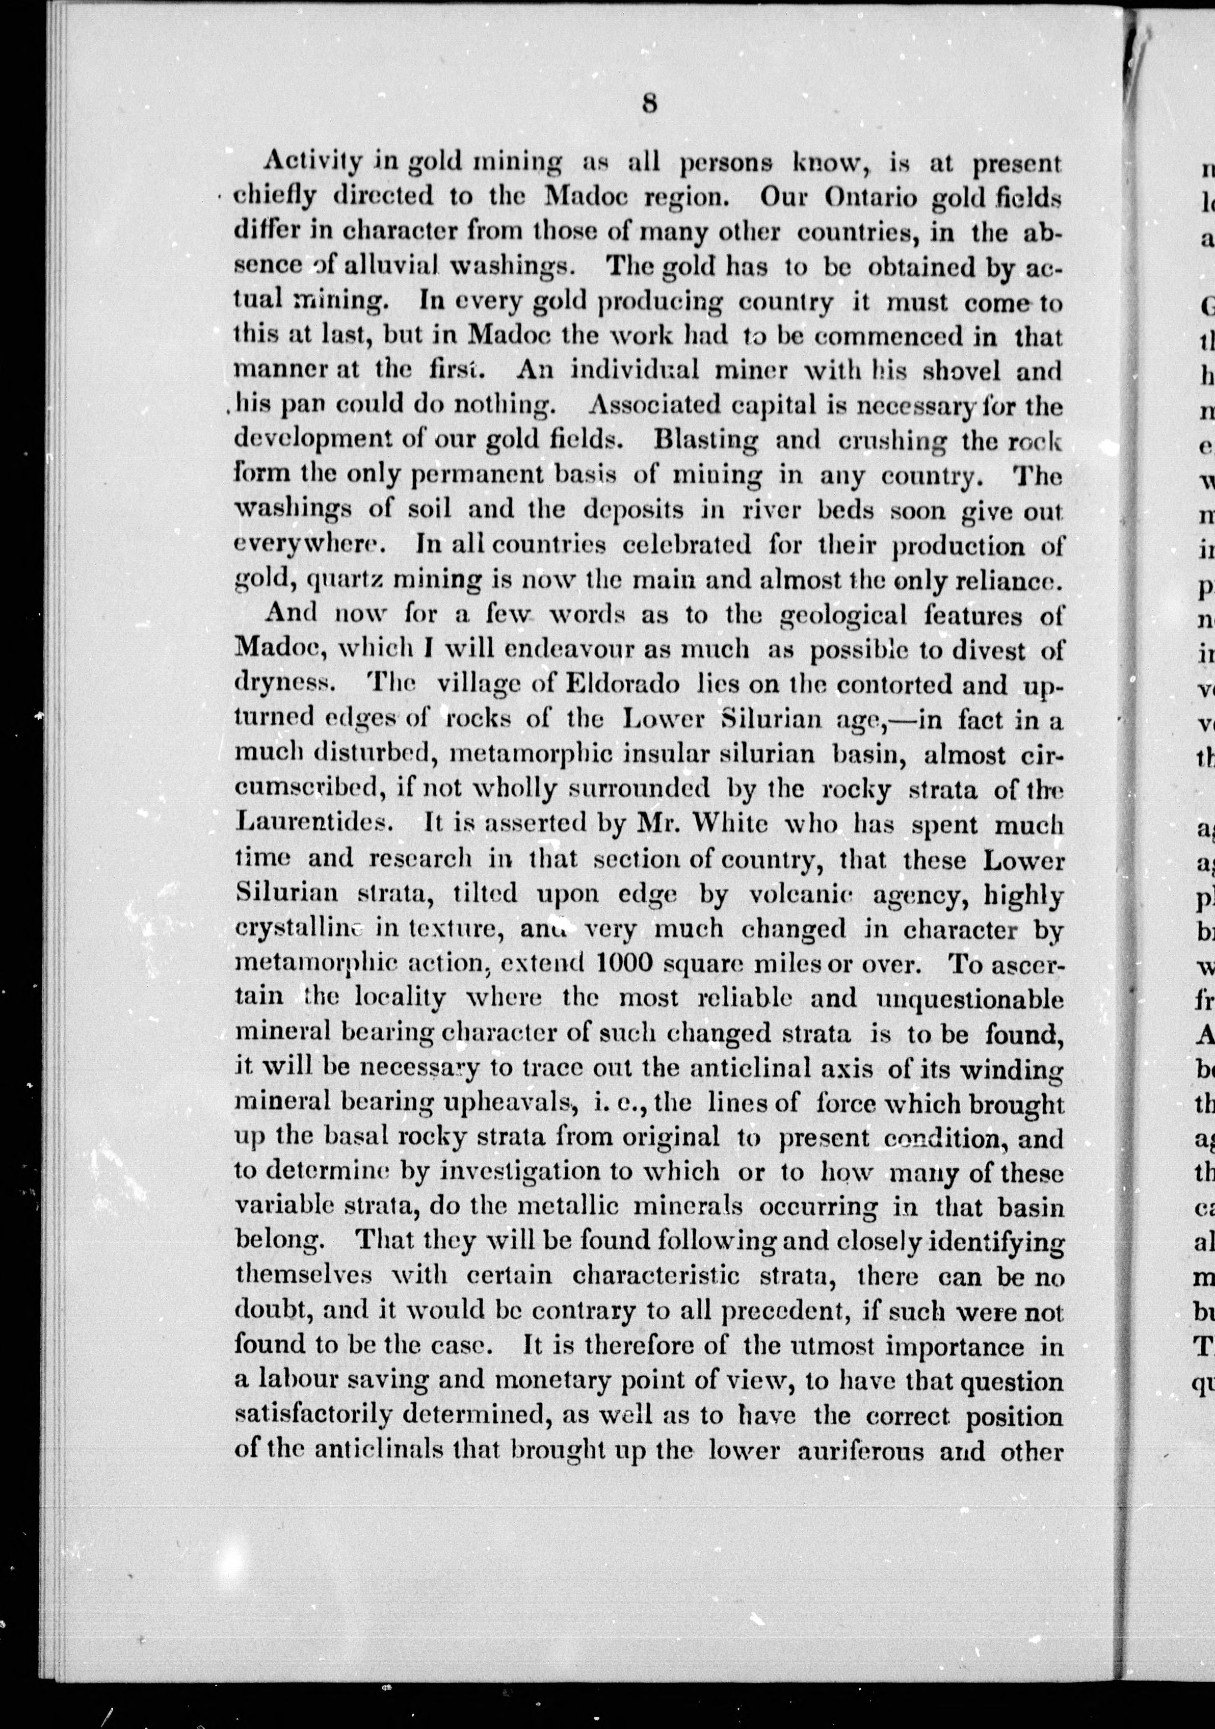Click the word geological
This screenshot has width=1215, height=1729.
click(x=853, y=615)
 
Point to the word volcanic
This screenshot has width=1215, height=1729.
click(x=805, y=894)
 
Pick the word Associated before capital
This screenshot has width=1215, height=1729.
click(x=653, y=406)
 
